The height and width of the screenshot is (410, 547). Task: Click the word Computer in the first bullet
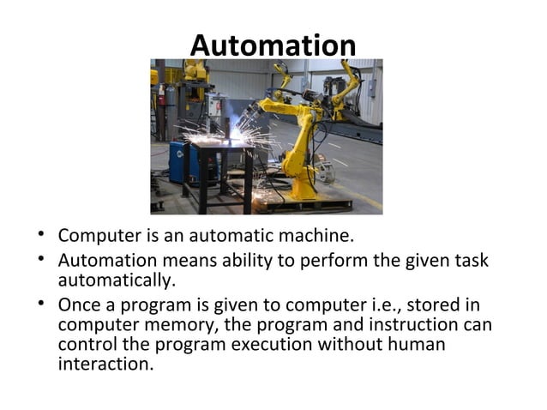[x=93, y=235]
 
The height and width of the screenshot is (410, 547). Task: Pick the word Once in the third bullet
[x=77, y=305]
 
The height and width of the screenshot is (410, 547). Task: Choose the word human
[x=421, y=346]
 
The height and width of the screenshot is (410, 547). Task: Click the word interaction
[x=105, y=366]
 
